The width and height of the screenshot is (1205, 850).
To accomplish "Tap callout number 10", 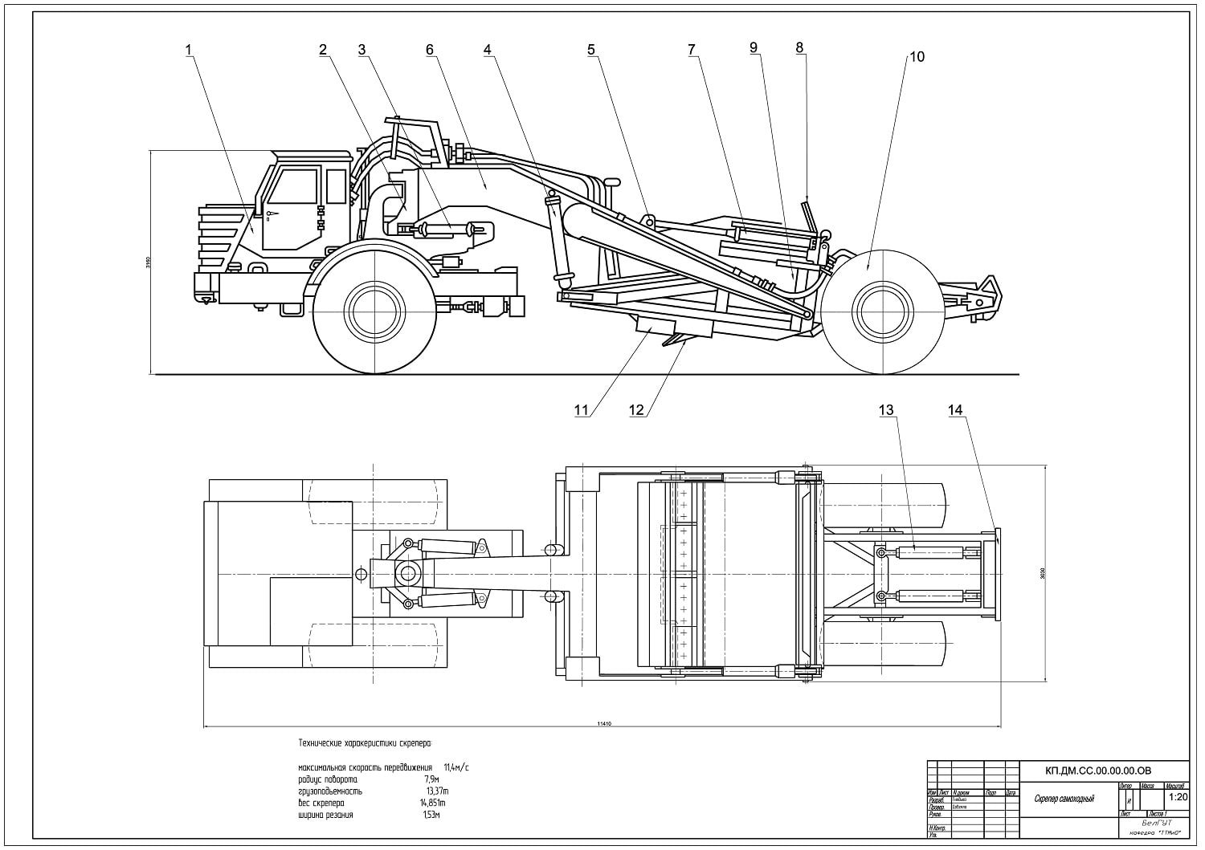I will pos(917,57).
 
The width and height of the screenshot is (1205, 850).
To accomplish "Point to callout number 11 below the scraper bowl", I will pos(581,410).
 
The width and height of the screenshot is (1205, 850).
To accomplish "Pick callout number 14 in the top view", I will pos(954,410).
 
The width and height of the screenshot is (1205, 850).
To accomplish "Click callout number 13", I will pos(885,410).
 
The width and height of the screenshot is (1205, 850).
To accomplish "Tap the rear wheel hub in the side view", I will pos(881,309).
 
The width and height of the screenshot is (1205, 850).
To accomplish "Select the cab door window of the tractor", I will pos(296,186).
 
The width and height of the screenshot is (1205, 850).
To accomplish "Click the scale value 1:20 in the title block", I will pos(1178,798).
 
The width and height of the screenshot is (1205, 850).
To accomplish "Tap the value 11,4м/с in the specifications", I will pos(455,768).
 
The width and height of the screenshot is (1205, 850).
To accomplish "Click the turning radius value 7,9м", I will pos(431,779).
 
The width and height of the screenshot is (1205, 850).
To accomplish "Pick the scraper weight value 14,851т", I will pos(432,803).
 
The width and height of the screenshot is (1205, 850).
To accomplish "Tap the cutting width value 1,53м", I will pos(432,815).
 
